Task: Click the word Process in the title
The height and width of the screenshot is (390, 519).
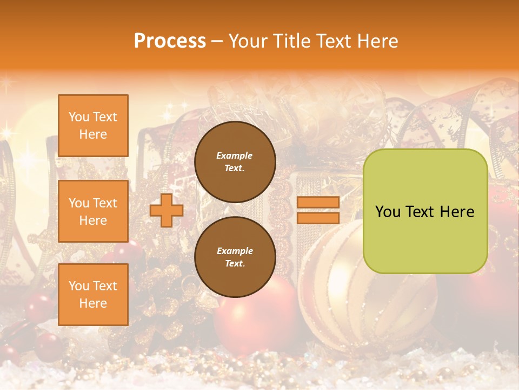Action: (x=170, y=41)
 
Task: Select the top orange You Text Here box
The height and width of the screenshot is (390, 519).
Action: (x=93, y=126)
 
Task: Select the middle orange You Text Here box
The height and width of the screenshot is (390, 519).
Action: (x=93, y=211)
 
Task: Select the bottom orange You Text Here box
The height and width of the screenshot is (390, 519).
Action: (x=93, y=295)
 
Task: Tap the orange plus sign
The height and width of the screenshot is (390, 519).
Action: (x=167, y=210)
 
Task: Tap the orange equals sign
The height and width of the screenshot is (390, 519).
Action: (x=318, y=210)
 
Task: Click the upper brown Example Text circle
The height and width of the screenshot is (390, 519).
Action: (x=235, y=162)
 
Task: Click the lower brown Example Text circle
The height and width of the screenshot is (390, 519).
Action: (x=235, y=257)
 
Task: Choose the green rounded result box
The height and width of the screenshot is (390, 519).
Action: (x=425, y=211)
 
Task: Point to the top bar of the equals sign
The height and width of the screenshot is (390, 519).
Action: (x=318, y=203)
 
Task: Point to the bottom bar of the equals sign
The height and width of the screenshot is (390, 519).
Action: (x=318, y=218)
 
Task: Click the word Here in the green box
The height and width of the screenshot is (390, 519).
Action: (x=457, y=212)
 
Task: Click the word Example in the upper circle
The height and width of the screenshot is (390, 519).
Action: (x=234, y=155)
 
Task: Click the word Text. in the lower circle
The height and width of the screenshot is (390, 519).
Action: (x=234, y=264)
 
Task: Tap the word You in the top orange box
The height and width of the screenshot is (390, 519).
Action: (x=78, y=117)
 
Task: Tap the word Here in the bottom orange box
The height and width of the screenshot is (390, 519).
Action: (x=93, y=303)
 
